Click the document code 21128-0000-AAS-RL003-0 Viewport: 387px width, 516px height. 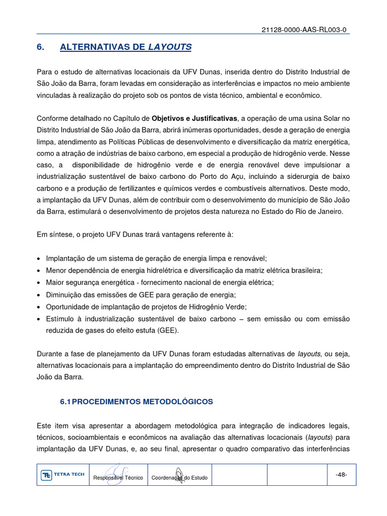(x=304, y=30)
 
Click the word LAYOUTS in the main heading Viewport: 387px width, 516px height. (x=169, y=47)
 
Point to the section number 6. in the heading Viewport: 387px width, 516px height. (x=41, y=47)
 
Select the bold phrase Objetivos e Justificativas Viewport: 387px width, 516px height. (x=195, y=118)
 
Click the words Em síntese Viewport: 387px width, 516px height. (x=55, y=234)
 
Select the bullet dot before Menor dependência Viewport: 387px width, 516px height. (x=39, y=271)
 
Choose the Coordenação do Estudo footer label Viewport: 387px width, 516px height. (x=179, y=478)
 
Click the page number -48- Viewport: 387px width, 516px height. (x=341, y=475)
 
